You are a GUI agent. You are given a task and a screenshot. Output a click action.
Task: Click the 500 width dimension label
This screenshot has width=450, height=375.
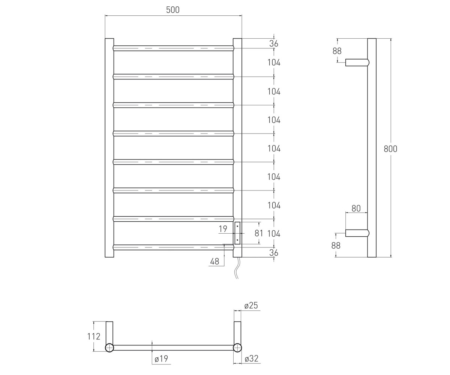(x=173, y=10)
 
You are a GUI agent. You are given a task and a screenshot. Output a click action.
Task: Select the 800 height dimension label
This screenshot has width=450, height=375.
(x=390, y=149)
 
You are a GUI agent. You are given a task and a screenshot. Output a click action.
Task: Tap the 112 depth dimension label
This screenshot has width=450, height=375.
(x=94, y=336)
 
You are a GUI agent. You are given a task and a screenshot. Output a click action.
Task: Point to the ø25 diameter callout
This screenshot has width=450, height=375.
(x=251, y=305)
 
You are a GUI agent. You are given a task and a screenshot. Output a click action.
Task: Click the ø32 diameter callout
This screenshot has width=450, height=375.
(x=252, y=358)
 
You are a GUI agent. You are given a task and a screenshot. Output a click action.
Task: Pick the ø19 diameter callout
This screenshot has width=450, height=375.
(x=161, y=358)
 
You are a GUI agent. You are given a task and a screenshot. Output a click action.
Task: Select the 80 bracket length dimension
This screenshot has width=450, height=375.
(x=356, y=208)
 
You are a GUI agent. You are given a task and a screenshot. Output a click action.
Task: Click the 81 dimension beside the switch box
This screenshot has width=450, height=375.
(x=259, y=233)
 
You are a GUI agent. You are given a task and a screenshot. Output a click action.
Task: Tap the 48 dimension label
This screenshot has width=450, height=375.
(x=214, y=262)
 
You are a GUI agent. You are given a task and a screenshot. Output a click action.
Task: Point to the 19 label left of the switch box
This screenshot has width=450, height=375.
(x=223, y=229)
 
